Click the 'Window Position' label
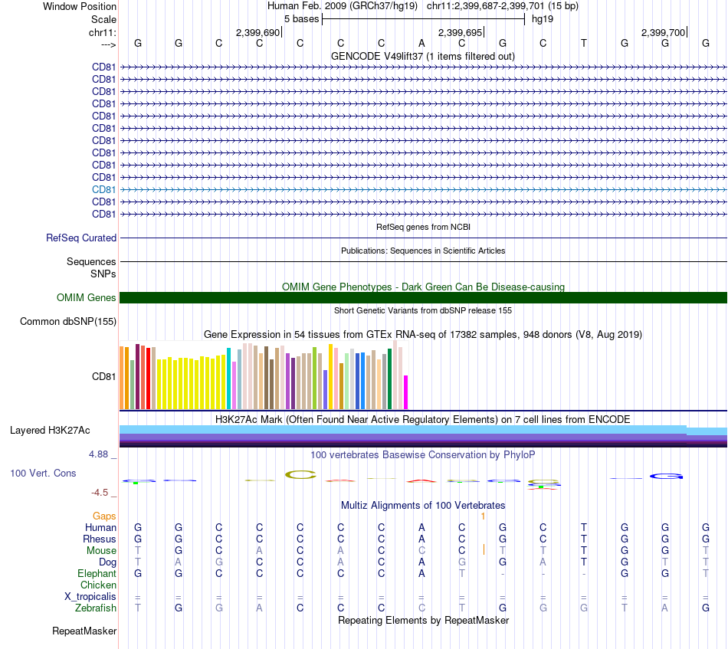[x=80, y=6]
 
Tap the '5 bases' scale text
[x=302, y=18]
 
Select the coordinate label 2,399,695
[x=460, y=32]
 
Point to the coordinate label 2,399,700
[x=664, y=32]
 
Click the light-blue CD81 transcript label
[x=104, y=189]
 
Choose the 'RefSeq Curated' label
[x=81, y=238]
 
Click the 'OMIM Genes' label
[x=87, y=297]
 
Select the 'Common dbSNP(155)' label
[x=68, y=322]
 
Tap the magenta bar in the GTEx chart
[x=406, y=392]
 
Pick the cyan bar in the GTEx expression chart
[x=229, y=379]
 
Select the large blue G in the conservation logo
[x=666, y=477]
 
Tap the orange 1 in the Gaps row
[x=483, y=516]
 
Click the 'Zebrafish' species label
[x=96, y=608]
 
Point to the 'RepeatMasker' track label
[x=84, y=631]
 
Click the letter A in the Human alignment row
[x=421, y=527]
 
